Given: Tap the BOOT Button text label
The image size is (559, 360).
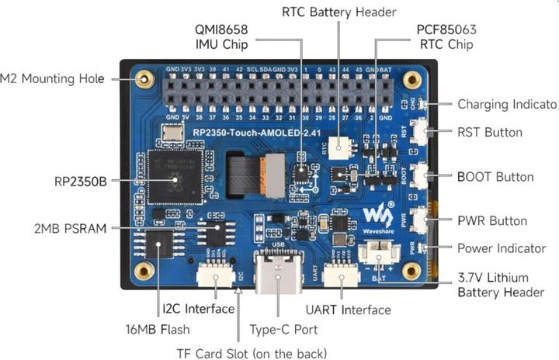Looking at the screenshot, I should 495,176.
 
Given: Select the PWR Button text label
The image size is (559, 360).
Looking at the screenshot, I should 491,221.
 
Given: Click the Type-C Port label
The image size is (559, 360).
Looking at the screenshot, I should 283,329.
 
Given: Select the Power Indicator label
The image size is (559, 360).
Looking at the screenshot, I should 501,248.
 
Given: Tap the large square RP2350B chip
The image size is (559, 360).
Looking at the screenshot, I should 175,180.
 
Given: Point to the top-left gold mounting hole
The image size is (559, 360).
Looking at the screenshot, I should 144,78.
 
